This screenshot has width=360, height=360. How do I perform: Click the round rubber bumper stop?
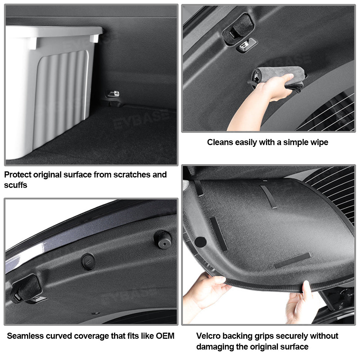[163, 239]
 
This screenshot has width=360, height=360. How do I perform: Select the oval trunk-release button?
[88, 261]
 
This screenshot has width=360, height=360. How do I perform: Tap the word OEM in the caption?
[165, 336]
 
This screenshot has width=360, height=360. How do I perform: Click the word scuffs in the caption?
[15, 185]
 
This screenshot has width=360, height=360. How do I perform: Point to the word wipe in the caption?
[319, 142]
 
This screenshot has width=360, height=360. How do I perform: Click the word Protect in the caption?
[18, 175]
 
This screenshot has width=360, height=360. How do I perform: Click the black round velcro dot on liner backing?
[200, 242]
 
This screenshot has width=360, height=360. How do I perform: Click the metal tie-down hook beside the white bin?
[113, 94]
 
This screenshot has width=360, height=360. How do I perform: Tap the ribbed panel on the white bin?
[61, 99]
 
